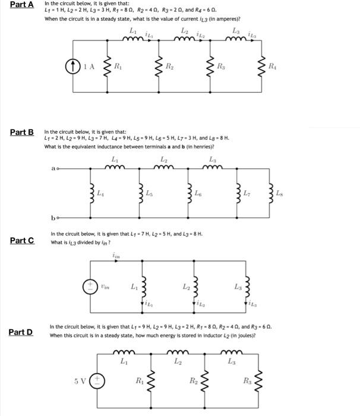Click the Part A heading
21,5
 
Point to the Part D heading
21,332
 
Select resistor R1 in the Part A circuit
108,67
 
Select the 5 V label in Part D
80,379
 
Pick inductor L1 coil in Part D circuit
124,352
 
